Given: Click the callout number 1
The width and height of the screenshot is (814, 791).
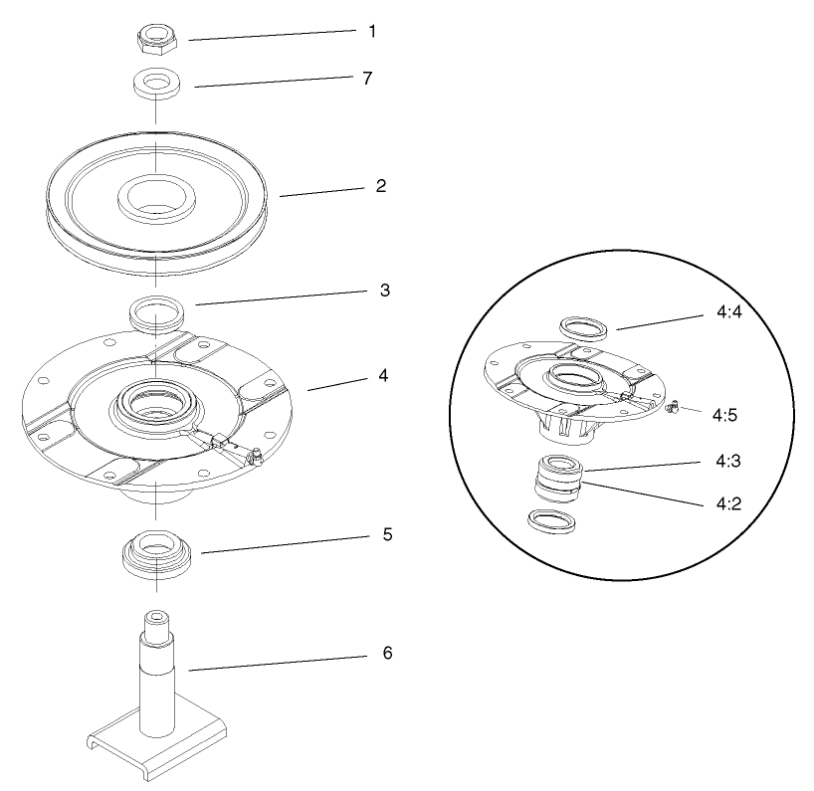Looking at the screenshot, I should (x=372, y=31).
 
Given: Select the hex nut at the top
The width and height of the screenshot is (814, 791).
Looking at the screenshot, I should (x=156, y=37).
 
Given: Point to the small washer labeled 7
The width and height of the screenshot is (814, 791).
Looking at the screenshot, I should (x=155, y=84).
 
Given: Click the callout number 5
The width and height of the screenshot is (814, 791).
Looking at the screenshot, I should (x=386, y=534).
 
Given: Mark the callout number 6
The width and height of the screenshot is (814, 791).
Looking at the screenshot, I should (x=387, y=654).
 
